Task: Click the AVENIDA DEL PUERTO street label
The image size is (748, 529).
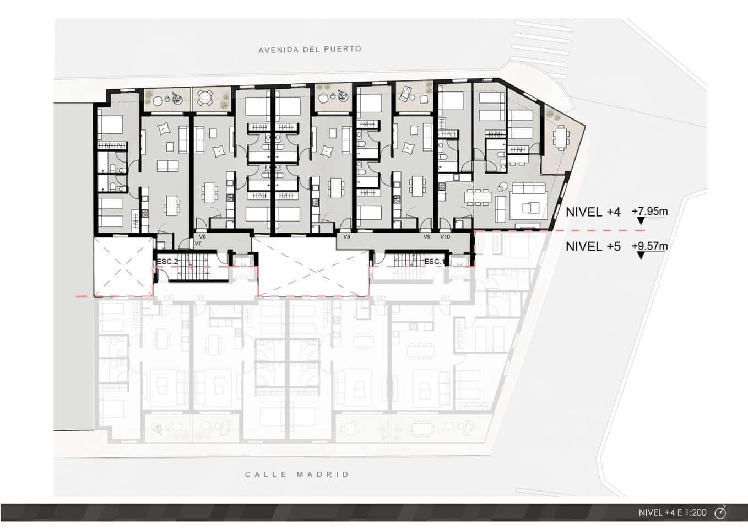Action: tap(310, 50)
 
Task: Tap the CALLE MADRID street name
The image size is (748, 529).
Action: tap(297, 474)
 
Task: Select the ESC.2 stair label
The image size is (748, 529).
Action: tap(167, 261)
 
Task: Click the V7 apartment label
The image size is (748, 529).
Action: tap(198, 244)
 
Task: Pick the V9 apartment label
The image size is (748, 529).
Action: tap(427, 237)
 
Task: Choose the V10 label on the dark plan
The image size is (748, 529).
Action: tap(445, 237)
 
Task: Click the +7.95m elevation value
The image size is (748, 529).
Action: tap(649, 212)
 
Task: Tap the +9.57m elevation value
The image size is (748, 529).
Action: tap(649, 246)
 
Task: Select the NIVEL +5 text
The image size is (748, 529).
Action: tap(593, 247)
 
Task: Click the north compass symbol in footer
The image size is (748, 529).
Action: tap(720, 512)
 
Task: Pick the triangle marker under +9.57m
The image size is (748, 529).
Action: tap(640, 256)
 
